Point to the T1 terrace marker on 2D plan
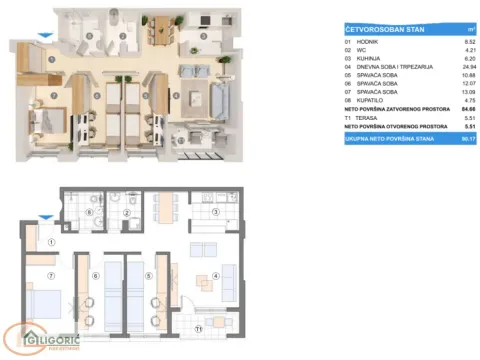point(198,327)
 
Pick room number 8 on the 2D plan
point(91,213)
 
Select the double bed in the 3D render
point(50,125)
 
